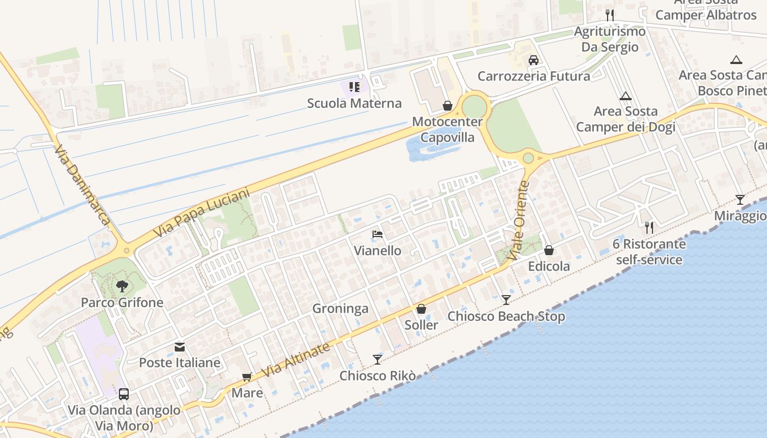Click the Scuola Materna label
tap(354, 103)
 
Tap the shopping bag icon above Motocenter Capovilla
tap(448, 106)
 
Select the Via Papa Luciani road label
tap(201, 213)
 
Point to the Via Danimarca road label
tap(82, 185)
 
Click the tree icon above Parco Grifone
tap(122, 286)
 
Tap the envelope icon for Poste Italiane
tap(180, 347)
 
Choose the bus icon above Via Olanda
tap(124, 394)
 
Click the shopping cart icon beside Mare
tap(247, 377)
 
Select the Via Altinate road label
tap(296, 360)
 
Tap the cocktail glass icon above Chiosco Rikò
tap(377, 359)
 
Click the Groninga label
tap(340, 309)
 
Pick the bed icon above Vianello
tap(377, 234)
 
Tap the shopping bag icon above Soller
tap(421, 309)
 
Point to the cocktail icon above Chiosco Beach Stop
tap(506, 299)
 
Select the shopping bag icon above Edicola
tap(549, 250)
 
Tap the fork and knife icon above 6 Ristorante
tap(649, 227)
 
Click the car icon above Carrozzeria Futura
tap(534, 60)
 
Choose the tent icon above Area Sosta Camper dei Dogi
tap(626, 96)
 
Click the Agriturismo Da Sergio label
tap(610, 39)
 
